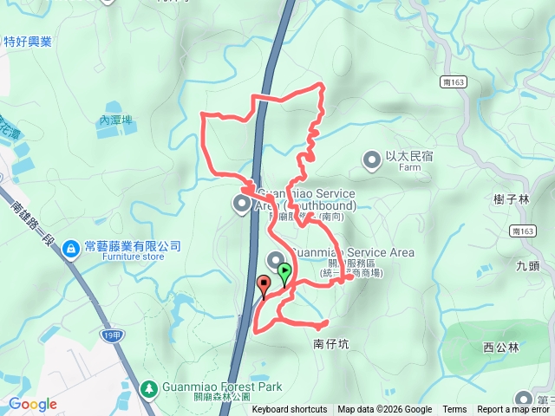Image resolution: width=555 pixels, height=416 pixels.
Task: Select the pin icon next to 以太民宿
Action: click(372, 159)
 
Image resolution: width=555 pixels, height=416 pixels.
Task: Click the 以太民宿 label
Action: click(409, 157)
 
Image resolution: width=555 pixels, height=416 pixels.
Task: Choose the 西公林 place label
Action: click(500, 348)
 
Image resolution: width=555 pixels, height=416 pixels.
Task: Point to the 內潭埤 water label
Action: click(115, 120)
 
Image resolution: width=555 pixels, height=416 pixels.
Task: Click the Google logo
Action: click(32, 404)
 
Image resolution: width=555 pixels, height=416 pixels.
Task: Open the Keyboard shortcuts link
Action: click(290, 410)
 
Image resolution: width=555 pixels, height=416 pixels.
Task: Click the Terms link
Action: click(454, 410)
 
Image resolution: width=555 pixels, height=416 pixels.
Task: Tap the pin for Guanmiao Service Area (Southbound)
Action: click(241, 203)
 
